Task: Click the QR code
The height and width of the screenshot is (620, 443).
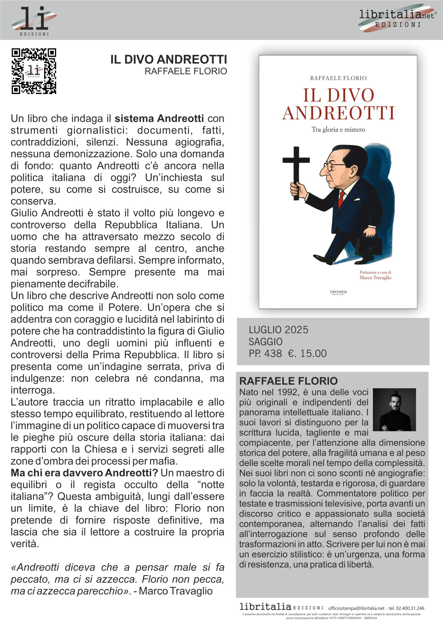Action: click(34, 71)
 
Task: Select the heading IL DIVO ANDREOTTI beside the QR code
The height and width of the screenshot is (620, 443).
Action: click(169, 60)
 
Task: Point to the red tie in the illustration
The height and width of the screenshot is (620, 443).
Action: click(341, 199)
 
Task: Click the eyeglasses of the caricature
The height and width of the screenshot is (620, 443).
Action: click(332, 166)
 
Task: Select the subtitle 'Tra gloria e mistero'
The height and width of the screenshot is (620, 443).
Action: click(338, 130)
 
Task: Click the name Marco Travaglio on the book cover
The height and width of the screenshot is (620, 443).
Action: click(375, 278)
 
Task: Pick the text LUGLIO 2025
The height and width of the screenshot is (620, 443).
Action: click(279, 330)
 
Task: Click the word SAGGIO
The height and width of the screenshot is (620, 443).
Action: click(265, 341)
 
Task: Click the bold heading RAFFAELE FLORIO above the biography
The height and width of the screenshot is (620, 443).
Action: click(288, 381)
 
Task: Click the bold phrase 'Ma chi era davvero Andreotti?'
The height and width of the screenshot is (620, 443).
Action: click(84, 473)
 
